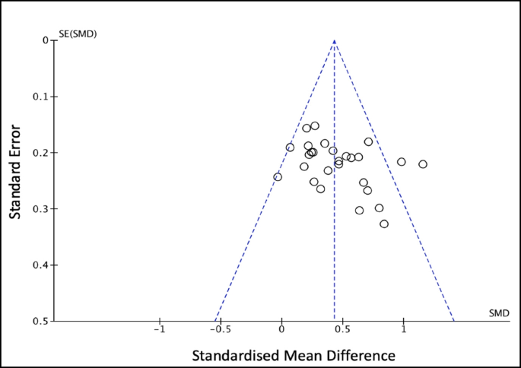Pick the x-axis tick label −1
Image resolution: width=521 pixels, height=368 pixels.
click(x=160, y=331)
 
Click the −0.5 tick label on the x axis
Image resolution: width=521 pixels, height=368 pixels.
click(x=219, y=331)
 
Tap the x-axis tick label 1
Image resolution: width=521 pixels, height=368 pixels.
click(x=403, y=331)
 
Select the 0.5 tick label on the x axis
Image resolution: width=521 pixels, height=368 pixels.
click(x=342, y=331)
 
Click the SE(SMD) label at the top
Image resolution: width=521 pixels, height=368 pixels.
click(x=78, y=34)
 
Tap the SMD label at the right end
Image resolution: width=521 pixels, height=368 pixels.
click(x=498, y=313)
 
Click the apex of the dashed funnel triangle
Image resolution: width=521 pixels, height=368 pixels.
click(x=335, y=40)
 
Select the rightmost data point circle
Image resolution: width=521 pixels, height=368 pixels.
click(x=423, y=164)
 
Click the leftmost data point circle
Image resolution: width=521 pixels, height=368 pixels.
click(x=278, y=177)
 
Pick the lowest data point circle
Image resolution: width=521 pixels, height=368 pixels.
click(x=384, y=224)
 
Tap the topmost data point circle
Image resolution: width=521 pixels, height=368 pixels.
click(x=315, y=125)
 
